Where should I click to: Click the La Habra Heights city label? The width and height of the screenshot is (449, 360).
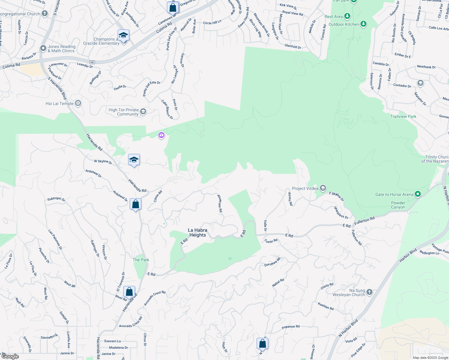pyautogui.click(x=197, y=232)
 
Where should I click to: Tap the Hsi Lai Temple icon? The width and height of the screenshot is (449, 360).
pyautogui.click(x=78, y=103)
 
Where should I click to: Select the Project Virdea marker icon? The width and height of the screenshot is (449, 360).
pyautogui.click(x=323, y=188)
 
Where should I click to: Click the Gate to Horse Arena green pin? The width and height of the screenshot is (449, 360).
pyautogui.click(x=417, y=194)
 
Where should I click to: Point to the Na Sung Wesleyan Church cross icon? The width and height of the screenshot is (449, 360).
pyautogui.click(x=369, y=292)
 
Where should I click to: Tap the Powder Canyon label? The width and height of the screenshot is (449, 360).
pyautogui.click(x=398, y=205)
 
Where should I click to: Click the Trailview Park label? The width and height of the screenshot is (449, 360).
pyautogui.click(x=403, y=116)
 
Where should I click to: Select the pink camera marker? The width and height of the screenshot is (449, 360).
pyautogui.click(x=161, y=135)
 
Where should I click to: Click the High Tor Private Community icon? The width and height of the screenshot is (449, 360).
pyautogui.click(x=143, y=112)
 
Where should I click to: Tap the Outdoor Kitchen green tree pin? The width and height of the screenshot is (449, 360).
pyautogui.click(x=363, y=24)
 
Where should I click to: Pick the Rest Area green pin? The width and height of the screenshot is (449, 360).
pyautogui.click(x=347, y=16)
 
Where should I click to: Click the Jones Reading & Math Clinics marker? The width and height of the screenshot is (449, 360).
pyautogui.click(x=43, y=48)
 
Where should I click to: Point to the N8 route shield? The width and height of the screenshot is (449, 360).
pyautogui.click(x=92, y=62)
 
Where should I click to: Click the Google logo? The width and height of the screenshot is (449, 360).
pyautogui.click(x=10, y=356)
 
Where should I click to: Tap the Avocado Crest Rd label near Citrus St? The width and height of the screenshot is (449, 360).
pyautogui.click(x=131, y=322)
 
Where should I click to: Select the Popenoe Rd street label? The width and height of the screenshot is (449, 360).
pyautogui.click(x=291, y=327)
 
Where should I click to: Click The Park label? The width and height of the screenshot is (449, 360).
pyautogui.click(x=141, y=260)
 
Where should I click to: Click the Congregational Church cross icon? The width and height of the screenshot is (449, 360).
pyautogui.click(x=45, y=13)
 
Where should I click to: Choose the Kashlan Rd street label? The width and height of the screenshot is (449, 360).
pyautogui.click(x=326, y=306)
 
